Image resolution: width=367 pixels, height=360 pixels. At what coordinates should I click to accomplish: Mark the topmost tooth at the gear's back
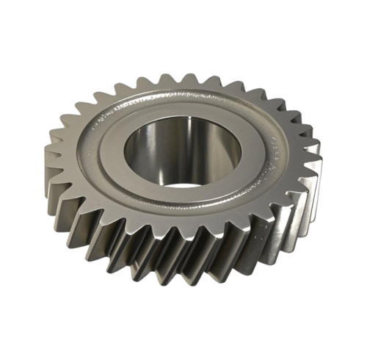192,79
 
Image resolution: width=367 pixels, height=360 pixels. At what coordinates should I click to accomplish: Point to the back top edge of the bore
183,120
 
